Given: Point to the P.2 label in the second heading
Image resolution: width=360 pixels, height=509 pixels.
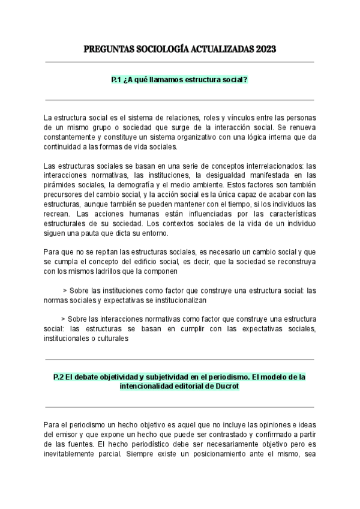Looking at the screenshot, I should tap(58, 377).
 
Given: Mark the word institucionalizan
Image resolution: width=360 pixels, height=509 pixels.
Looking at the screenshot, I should tap(179, 300).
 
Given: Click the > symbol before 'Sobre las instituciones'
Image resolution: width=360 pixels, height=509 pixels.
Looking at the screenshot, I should tap(65, 290).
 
